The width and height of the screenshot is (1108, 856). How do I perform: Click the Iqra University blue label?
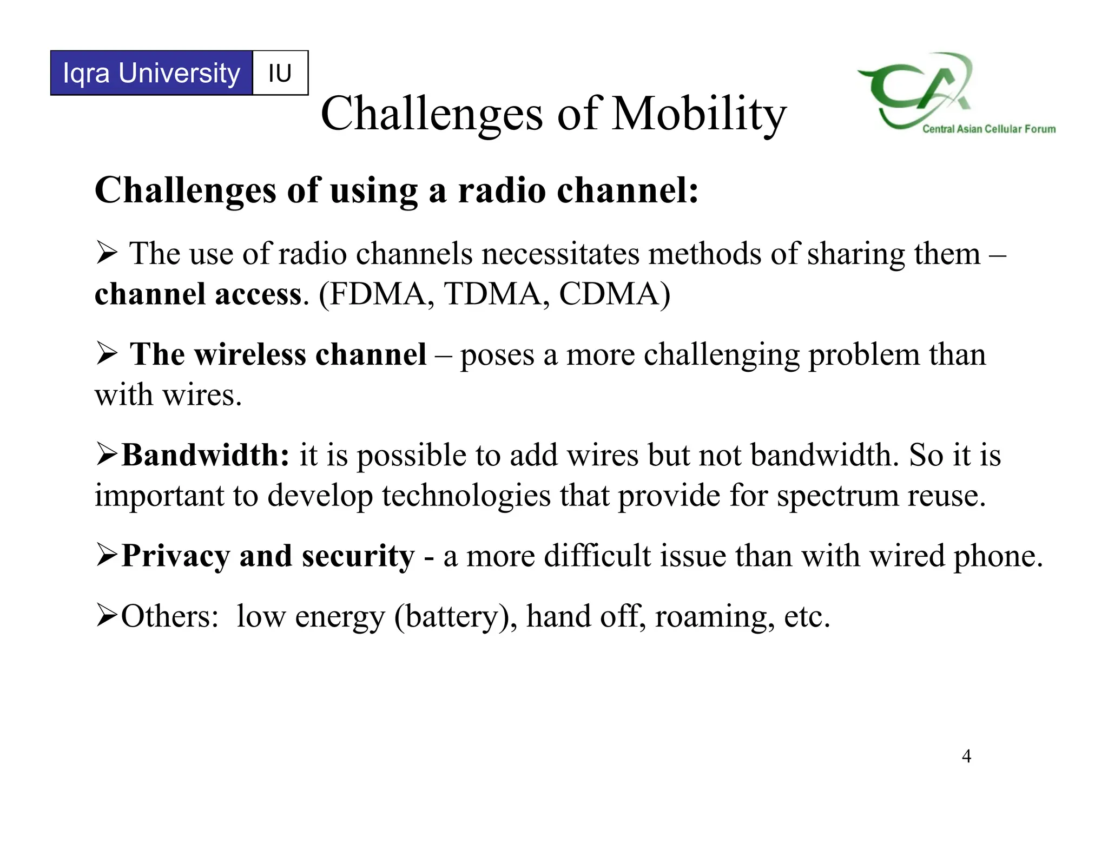tap(151, 73)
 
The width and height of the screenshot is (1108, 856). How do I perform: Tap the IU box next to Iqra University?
tap(280, 73)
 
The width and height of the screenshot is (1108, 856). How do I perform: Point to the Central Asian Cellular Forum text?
tap(989, 129)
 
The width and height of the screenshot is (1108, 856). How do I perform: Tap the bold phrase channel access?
tap(197, 294)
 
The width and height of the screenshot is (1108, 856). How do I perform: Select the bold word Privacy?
tap(175, 556)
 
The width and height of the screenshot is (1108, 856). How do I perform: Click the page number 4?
tap(966, 756)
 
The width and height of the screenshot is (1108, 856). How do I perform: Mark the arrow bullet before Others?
tap(107, 616)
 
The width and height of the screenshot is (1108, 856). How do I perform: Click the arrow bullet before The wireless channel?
tap(107, 354)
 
